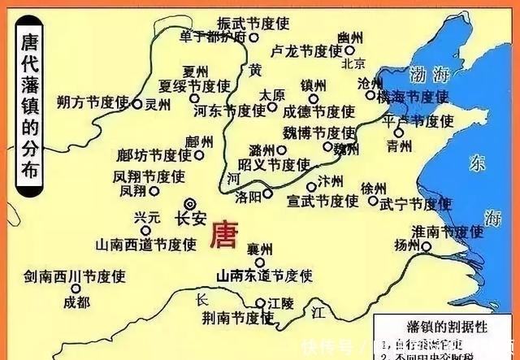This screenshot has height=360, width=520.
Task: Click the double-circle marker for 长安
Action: [190, 203]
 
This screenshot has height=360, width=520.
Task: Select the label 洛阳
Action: [249, 195]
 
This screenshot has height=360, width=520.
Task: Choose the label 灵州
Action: [158, 104]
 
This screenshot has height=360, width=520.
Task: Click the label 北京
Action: [354, 63]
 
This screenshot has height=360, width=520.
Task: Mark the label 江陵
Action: [282, 303]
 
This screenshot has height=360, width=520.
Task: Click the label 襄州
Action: [259, 249]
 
